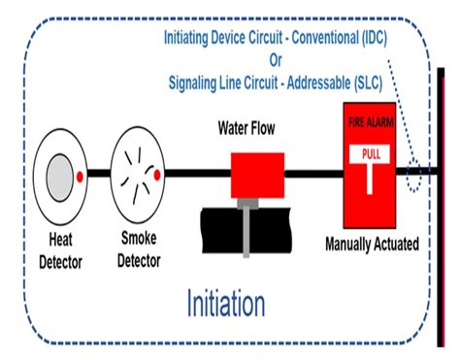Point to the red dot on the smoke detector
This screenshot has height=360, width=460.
coord(157,176)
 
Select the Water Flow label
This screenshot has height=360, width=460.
coord(252,127)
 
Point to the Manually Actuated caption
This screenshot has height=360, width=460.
coord(372,245)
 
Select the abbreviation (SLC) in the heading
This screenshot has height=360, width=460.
coord(362,82)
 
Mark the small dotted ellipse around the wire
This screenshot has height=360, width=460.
coord(414,177)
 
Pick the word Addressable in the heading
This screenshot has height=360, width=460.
coord(299,82)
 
